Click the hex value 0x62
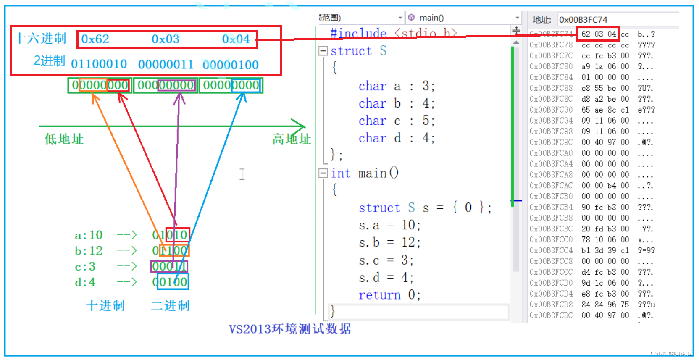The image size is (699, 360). (x=95, y=39)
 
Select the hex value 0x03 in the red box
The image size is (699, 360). (x=165, y=39)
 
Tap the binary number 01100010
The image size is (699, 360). (x=99, y=64)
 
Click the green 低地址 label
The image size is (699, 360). (x=64, y=139)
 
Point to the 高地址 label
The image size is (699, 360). (x=292, y=139)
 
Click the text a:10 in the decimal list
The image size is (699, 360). (x=89, y=235)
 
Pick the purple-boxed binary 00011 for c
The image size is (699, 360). (x=169, y=266)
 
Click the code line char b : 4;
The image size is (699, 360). (x=397, y=103)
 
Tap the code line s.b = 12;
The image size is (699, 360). (x=389, y=242)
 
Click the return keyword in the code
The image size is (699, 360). (x=379, y=295)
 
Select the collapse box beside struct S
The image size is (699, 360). (x=323, y=51)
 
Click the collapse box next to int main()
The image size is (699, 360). (x=323, y=173)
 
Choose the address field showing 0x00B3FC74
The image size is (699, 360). (x=583, y=20)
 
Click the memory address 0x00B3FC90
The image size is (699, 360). (x=551, y=110)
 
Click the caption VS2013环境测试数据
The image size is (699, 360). (x=290, y=329)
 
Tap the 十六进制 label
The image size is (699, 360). (x=40, y=39)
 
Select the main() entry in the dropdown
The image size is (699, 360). (x=431, y=18)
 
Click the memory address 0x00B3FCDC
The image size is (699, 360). (x=551, y=315)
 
